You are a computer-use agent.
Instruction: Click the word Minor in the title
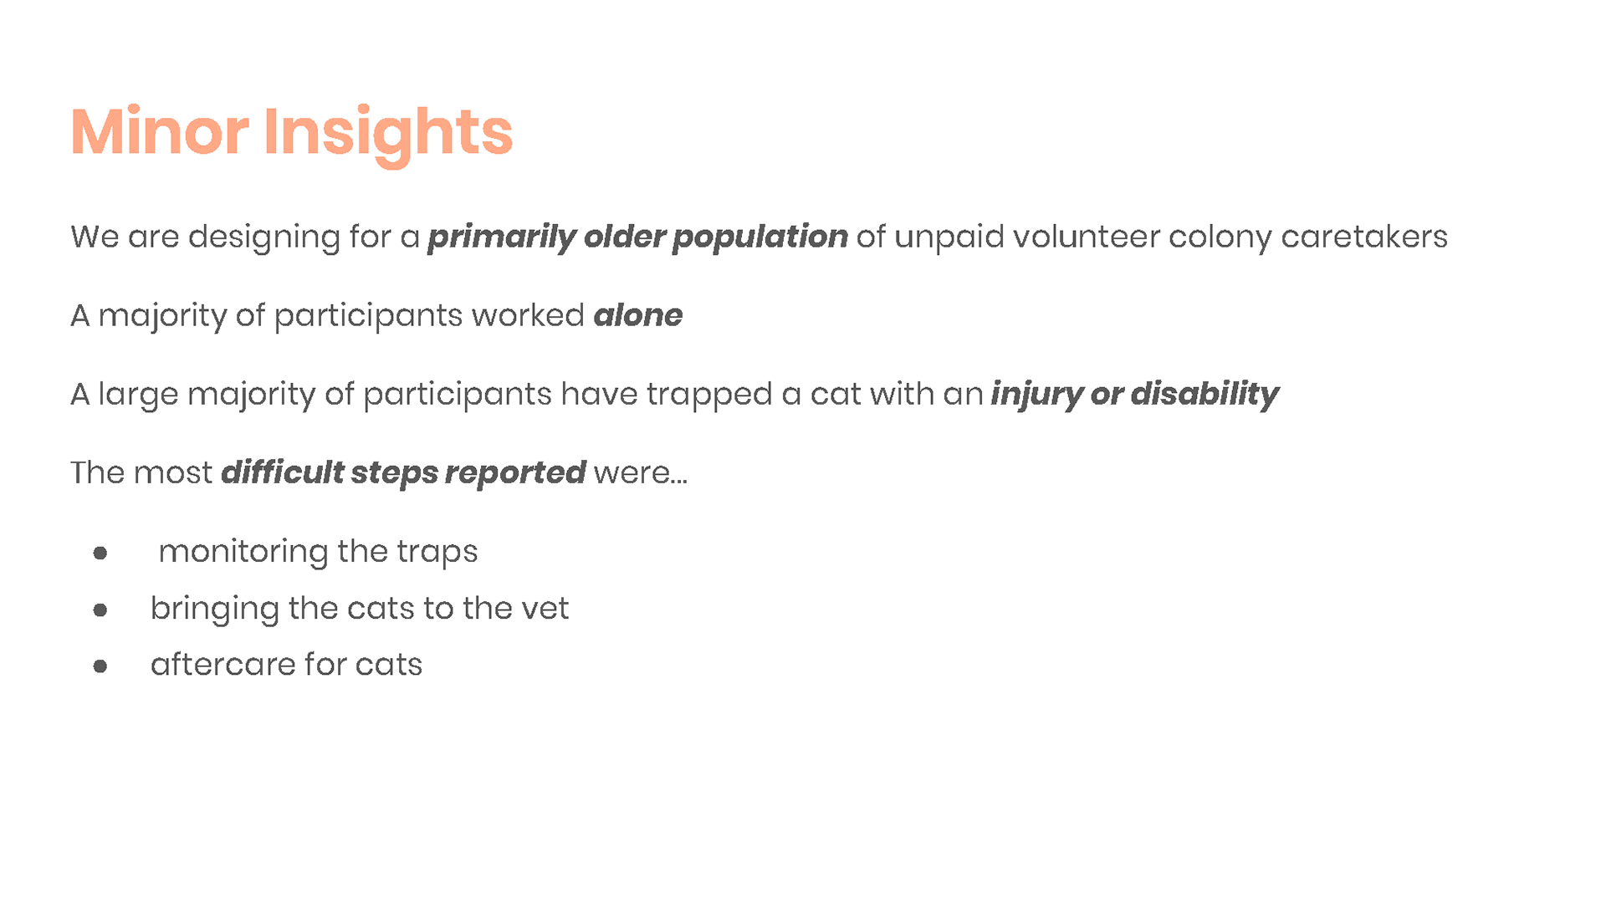pyautogui.click(x=159, y=131)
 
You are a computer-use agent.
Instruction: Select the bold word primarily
pyautogui.click(x=501, y=237)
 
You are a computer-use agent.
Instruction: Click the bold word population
pyautogui.click(x=760, y=237)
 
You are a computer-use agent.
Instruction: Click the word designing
pyautogui.click(x=263, y=237)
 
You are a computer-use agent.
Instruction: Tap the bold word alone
pyautogui.click(x=637, y=315)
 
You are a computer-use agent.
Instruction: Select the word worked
pyautogui.click(x=528, y=315)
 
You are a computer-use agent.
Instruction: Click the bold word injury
pyautogui.click(x=1037, y=395)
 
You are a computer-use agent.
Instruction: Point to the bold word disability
pyautogui.click(x=1204, y=395)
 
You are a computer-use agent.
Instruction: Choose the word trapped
pyautogui.click(x=709, y=395)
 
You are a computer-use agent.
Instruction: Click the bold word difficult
pyautogui.click(x=282, y=472)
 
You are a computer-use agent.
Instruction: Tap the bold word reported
pyautogui.click(x=515, y=474)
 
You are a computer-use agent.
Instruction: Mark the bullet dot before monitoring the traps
pyautogui.click(x=100, y=553)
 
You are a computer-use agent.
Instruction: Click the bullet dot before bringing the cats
pyautogui.click(x=100, y=610)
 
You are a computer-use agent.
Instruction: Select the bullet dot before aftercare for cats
pyautogui.click(x=100, y=666)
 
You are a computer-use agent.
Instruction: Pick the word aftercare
pyautogui.click(x=223, y=665)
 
